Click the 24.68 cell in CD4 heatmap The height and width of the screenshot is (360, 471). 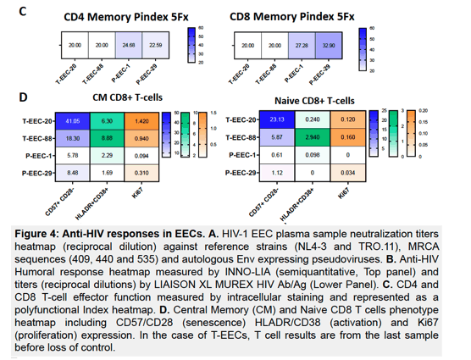click(129, 46)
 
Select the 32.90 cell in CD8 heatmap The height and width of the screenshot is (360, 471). click(329, 46)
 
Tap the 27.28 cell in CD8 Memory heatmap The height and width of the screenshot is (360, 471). click(302, 46)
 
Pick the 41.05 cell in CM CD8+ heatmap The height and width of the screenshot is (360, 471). click(73, 121)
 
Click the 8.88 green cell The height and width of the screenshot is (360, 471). click(107, 138)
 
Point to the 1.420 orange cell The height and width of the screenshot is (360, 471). click(141, 121)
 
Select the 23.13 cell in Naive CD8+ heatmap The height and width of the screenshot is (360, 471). click(277, 119)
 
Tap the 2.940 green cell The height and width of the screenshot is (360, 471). click(313, 137)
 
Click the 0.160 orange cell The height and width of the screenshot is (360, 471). click(348, 137)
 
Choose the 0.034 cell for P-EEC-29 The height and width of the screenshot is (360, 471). click(348, 173)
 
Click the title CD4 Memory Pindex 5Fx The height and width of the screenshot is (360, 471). click(126, 17)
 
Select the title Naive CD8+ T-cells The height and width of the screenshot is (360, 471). click(314, 101)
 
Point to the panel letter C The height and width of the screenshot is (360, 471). click(23, 11)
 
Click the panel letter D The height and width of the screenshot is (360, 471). click(23, 97)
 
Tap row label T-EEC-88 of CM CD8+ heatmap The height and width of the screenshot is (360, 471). click(37, 138)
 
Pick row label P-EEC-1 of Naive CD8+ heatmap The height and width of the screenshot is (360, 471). click(242, 155)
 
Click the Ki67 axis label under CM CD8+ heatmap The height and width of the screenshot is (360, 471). click(137, 193)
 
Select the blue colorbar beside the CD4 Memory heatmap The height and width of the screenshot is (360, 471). click(191, 45)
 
